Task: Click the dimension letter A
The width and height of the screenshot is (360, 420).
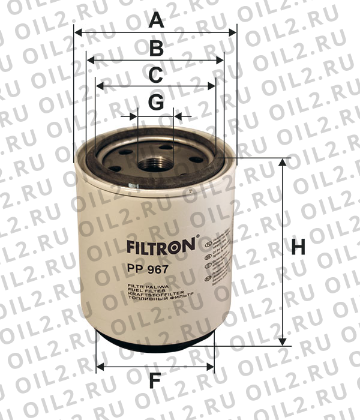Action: [x=156, y=21]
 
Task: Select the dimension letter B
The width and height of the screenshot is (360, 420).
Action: [x=156, y=49]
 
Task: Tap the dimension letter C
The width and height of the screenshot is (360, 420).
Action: [x=155, y=76]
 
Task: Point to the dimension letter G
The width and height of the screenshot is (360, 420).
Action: [x=156, y=103]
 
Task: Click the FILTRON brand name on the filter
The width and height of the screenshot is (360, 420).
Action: [x=159, y=246]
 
